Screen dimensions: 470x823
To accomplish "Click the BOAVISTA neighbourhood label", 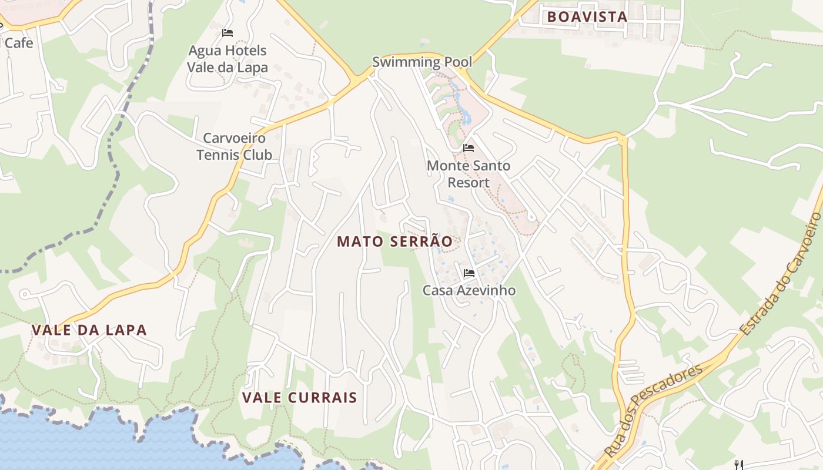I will (587, 17).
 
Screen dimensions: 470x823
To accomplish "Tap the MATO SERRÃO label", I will (395, 241).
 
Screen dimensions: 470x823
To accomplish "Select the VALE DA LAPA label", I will (89, 330).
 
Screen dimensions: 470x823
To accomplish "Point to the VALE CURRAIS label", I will (300, 398).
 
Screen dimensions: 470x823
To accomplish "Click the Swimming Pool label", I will (422, 62).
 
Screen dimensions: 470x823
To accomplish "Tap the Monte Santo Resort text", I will (469, 174).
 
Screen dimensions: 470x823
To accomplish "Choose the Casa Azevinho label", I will (469, 290).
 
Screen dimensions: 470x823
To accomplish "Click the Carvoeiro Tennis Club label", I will (234, 146).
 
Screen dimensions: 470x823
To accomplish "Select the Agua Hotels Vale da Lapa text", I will (228, 59).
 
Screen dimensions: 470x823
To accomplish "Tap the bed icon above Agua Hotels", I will (228, 33).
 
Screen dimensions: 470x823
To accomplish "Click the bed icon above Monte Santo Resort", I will (469, 147).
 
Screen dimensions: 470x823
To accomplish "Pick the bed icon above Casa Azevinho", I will (469, 273).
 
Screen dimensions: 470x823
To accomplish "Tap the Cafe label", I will (19, 43).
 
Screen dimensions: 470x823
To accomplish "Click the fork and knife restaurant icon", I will (739, 465).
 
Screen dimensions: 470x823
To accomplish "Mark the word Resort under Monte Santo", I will (469, 183).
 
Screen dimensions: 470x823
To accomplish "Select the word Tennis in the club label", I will (216, 155).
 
